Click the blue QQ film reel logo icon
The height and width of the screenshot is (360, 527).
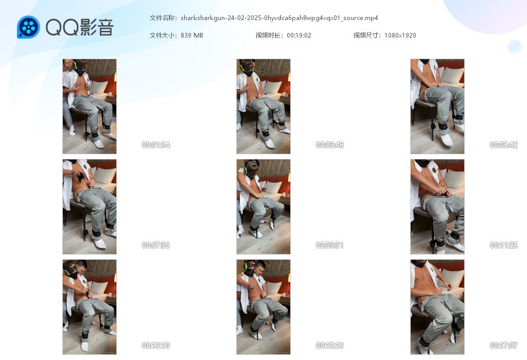[29, 27]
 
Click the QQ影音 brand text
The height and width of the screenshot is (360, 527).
[80, 27]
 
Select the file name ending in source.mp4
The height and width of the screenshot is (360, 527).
[279, 18]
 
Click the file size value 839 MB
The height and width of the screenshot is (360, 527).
[192, 35]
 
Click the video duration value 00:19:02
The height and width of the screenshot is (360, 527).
[299, 35]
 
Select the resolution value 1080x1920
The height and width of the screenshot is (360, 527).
[400, 35]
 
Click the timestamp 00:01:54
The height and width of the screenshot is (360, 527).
[156, 145]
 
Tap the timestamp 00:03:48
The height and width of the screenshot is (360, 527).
[330, 145]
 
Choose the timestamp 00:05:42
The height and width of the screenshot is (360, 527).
[504, 145]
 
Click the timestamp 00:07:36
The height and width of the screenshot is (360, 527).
[156, 245]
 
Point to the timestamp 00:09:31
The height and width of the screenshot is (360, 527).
[330, 245]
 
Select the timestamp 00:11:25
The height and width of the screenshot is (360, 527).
[504, 245]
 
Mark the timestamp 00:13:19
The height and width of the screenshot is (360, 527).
[156, 345]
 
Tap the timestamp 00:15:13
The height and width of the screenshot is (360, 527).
[330, 345]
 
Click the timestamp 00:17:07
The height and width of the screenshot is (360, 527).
[504, 345]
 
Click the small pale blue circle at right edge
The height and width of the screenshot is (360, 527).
[515, 47]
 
